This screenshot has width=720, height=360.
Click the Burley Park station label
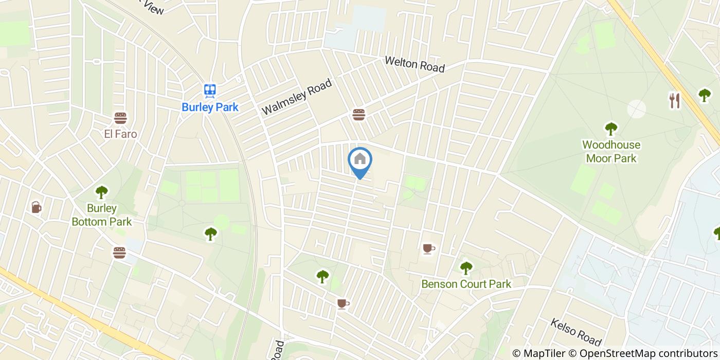210,107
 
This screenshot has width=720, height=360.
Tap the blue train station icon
210,91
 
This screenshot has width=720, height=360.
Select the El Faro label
120,134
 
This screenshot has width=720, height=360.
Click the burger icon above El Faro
120,118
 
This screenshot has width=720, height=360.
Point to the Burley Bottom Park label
102,215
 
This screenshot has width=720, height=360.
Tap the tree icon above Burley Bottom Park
102,192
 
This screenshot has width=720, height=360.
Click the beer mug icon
36,207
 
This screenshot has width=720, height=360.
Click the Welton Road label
415,64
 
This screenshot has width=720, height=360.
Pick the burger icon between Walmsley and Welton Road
358,115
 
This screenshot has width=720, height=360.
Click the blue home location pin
360,160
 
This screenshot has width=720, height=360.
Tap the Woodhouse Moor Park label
611,152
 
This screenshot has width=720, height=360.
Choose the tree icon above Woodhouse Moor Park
611,128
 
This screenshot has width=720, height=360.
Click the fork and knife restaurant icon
674,100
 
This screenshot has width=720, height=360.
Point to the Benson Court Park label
466,284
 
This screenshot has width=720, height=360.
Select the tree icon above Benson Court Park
466,267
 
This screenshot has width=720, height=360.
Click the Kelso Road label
575,332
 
